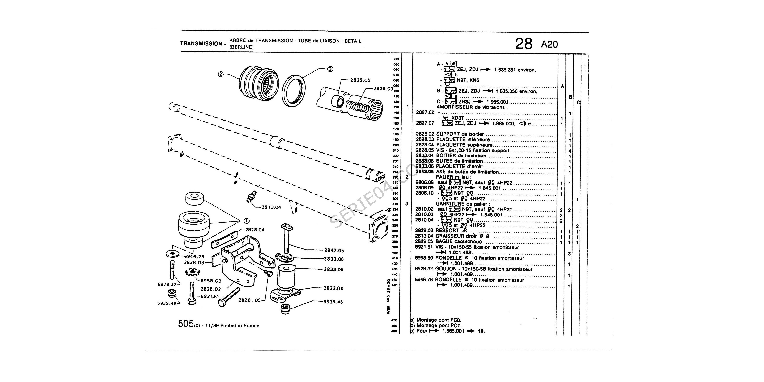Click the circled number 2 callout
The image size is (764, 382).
point(220,74)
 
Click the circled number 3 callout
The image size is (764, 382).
point(330,69)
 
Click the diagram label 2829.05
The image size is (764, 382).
point(360,80)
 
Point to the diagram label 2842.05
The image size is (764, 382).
point(334,251)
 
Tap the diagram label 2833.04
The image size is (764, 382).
point(334,288)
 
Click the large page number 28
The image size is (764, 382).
point(524,44)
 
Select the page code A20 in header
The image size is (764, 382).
point(549,45)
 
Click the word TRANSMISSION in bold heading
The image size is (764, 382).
point(201,44)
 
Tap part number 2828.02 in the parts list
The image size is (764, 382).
point(425,134)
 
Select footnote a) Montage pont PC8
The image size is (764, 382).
point(436,320)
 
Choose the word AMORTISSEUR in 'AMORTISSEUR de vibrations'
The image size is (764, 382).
point(453,107)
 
